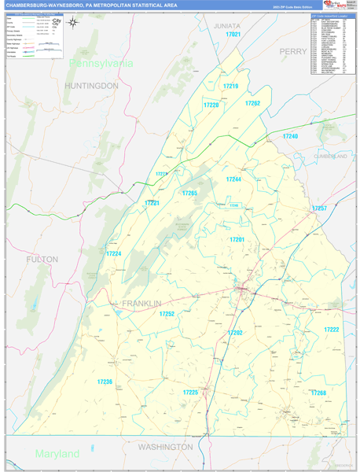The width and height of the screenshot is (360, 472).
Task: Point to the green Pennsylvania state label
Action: pos(101,63)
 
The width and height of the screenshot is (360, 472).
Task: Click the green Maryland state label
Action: pos(57,454)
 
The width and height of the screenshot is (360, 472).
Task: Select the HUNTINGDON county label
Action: pos(92,85)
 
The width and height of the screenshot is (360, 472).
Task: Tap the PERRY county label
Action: pos(293,51)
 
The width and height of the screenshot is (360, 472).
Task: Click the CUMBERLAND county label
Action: pos(330,157)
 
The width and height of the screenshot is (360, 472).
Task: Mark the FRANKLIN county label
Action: pos(141,304)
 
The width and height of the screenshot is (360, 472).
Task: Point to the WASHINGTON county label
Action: pos(165,447)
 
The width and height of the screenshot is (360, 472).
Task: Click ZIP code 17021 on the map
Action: pos(233,35)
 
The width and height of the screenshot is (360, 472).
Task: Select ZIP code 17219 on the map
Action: pos(230,87)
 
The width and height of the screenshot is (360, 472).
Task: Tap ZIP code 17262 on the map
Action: pos(252,103)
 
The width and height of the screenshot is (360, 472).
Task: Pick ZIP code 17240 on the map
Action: pos(291,136)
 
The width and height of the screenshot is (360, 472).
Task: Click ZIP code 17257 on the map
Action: pos(319,208)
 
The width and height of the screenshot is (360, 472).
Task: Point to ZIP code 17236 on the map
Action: pos(105,382)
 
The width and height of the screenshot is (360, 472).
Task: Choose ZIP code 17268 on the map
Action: pos(318,392)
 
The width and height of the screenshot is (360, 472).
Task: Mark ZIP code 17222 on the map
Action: pos(332,330)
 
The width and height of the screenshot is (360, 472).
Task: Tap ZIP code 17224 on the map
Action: pos(114,253)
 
